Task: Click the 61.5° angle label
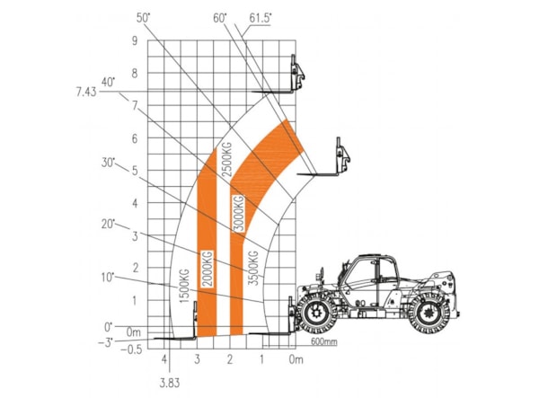[261, 18]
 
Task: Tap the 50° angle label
[144, 18]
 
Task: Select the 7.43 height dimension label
[86, 93]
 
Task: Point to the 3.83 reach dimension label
[170, 383]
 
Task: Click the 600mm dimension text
[323, 341]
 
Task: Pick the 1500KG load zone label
[184, 286]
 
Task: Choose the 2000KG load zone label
[208, 269]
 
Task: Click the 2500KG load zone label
[227, 159]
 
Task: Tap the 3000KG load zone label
[239, 213]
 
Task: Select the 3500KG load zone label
[253, 269]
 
